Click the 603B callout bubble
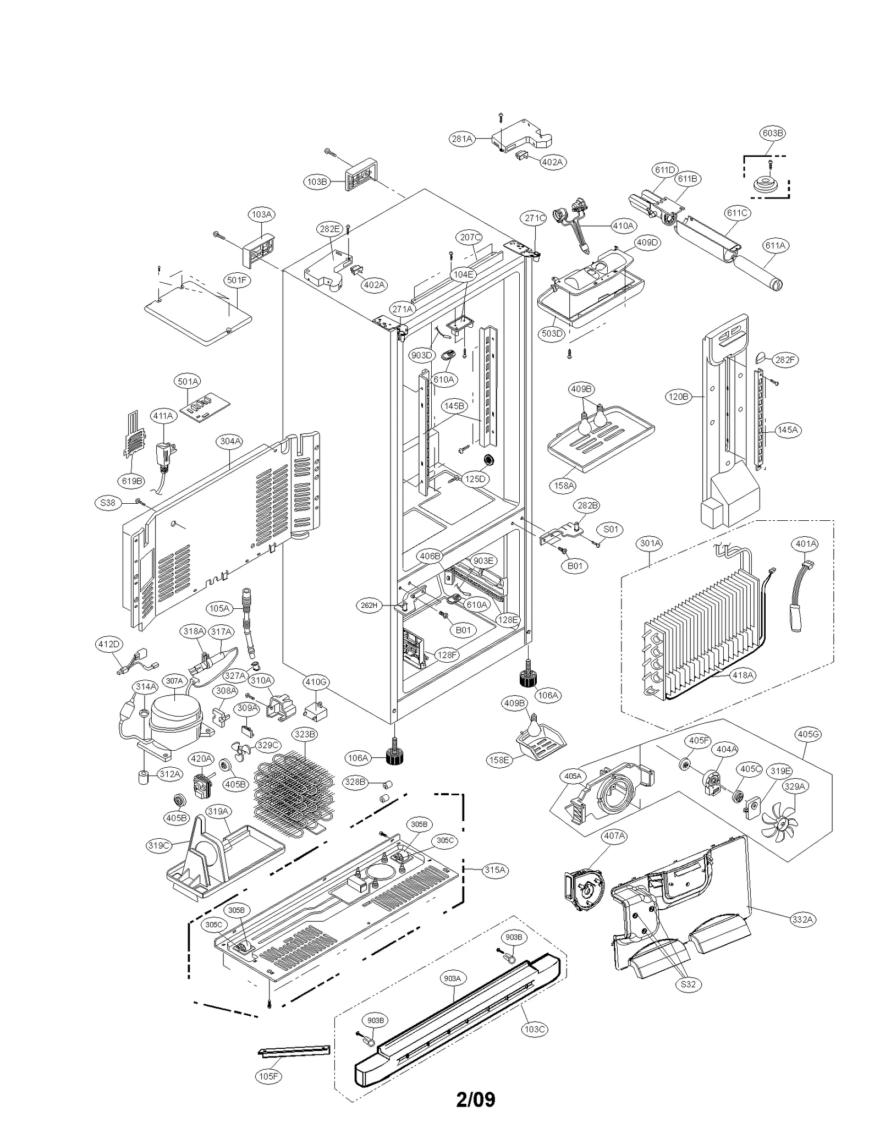(x=772, y=133)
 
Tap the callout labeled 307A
(x=174, y=681)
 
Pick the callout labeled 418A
(x=743, y=675)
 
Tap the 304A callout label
(x=230, y=441)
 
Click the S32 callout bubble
(x=687, y=984)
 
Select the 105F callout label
(x=268, y=1076)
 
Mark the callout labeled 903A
(x=452, y=978)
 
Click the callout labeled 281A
(x=462, y=139)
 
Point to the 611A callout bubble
(x=775, y=246)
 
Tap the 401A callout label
(x=806, y=544)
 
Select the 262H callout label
(x=369, y=606)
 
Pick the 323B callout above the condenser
(x=305, y=734)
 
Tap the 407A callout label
(x=614, y=836)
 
